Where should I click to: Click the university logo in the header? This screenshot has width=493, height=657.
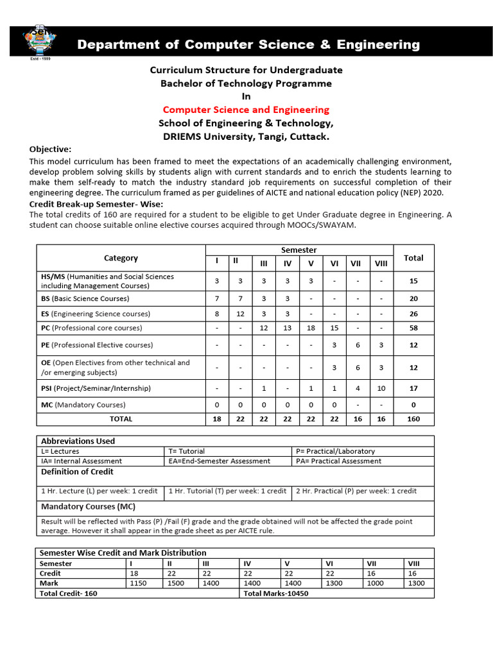pos(40,43)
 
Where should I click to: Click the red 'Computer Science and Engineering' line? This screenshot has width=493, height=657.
pos(246,110)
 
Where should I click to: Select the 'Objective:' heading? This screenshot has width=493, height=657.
pos(50,149)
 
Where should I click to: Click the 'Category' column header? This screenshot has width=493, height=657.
pos(121,258)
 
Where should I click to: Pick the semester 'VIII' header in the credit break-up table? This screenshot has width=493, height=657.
pos(381,263)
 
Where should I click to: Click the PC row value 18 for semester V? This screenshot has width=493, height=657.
pos(311,328)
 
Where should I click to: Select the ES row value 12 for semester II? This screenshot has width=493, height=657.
pos(241,314)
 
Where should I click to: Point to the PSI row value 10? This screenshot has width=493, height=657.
pos(381,389)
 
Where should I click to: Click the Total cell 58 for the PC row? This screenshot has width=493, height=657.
pos(413,328)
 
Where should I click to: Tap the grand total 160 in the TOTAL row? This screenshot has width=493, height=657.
pos(413,419)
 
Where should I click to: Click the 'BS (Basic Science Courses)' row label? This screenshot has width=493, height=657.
pos(85,298)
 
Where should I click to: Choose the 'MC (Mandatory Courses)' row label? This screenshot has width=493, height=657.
pos(83,405)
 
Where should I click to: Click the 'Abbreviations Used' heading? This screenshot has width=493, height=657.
pos(78,441)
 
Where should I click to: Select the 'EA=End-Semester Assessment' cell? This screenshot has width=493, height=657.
pos(219,461)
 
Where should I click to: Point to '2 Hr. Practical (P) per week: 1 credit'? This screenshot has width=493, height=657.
pos(356,491)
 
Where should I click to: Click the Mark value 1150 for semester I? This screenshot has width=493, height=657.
pos(139,583)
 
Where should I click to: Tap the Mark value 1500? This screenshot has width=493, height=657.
pos(176,583)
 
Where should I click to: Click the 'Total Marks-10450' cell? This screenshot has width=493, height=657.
pos(276,593)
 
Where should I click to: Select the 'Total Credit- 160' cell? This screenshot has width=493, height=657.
pos(69,593)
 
